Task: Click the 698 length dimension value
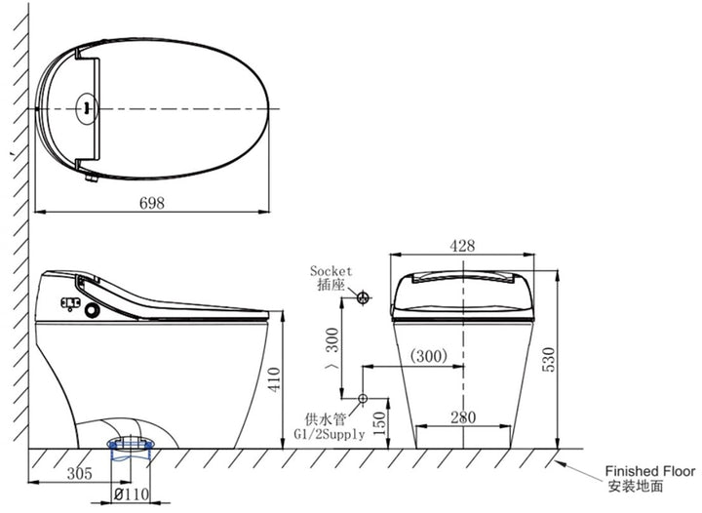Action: coord(152,203)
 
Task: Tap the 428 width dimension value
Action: coord(462,246)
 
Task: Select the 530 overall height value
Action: coord(548,360)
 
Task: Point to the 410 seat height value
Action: coord(274,379)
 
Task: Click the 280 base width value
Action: coord(463,417)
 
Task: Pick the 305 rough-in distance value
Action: coord(80,473)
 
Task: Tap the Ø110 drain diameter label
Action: coord(132,494)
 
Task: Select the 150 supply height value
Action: coord(379,423)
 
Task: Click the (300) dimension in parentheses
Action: coord(429,356)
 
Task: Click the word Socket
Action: coord(331,271)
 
